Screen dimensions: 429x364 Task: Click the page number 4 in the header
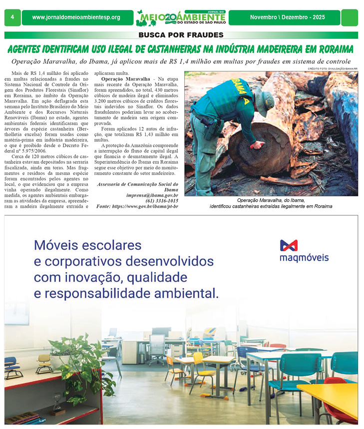click(x=11, y=17)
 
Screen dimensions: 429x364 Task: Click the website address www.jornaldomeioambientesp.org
click(x=76, y=17)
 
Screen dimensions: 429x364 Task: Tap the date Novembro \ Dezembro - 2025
click(x=287, y=17)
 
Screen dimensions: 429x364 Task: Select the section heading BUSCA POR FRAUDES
click(x=181, y=35)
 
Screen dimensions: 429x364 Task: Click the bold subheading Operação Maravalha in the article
click(x=125, y=79)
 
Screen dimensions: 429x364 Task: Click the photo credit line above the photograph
click(x=333, y=68)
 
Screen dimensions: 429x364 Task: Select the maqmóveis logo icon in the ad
click(x=289, y=245)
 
